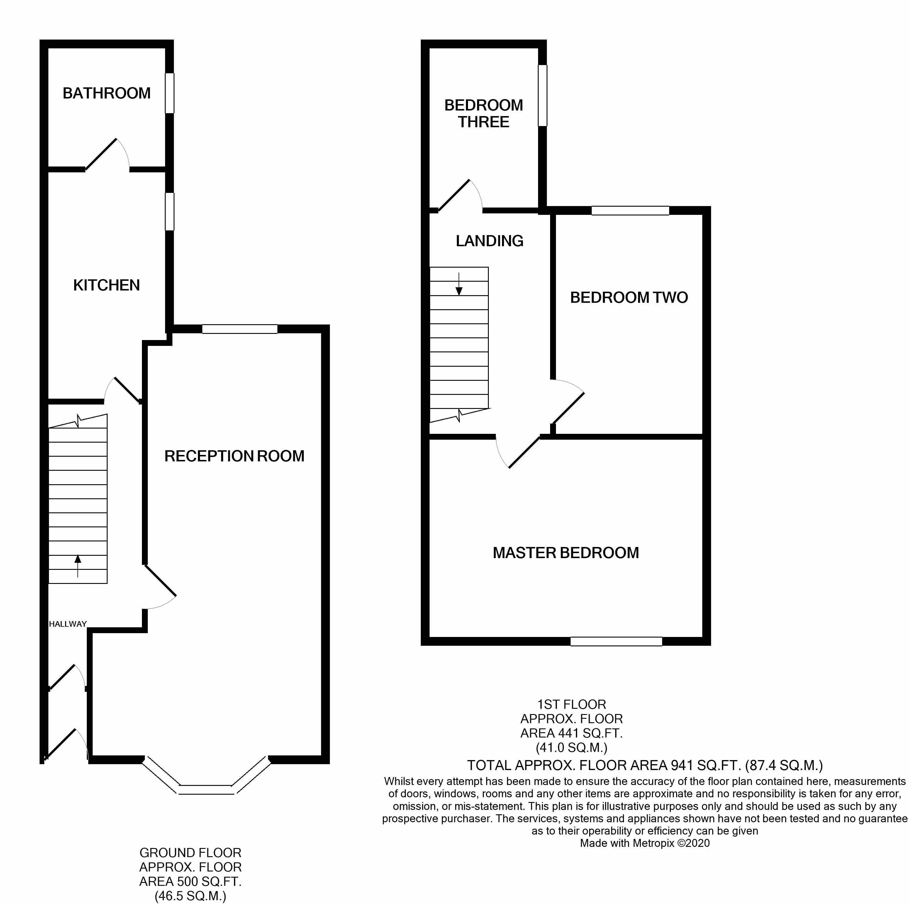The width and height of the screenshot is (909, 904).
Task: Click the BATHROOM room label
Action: [x=106, y=93]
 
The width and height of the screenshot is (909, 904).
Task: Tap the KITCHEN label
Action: [x=106, y=285]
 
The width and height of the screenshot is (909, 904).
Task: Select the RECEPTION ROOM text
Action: [x=234, y=456]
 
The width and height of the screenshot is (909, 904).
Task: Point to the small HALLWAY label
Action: [x=68, y=624]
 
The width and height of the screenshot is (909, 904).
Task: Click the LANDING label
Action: [x=489, y=241]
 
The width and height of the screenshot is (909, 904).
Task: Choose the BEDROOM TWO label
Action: [x=629, y=297]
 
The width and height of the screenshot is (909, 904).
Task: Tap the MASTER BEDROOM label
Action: [x=566, y=553]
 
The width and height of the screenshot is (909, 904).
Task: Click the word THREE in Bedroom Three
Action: [x=484, y=122]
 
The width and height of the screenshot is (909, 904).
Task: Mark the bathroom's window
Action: [x=170, y=93]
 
